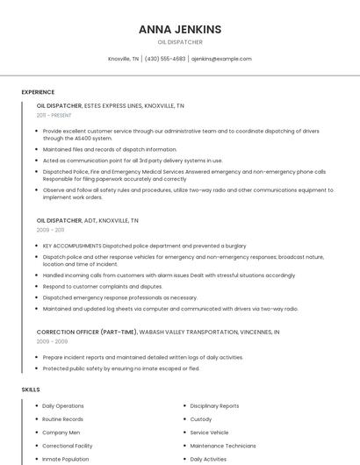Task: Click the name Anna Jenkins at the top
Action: [180, 29]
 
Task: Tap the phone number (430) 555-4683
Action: [165, 59]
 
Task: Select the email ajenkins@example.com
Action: [221, 59]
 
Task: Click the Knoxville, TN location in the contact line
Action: [123, 59]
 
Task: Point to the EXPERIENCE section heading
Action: [38, 92]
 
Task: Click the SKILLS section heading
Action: [31, 389]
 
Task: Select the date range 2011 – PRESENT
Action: [54, 115]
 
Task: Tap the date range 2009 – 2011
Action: [50, 230]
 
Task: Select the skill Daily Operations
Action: [63, 406]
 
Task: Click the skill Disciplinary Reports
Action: [214, 406]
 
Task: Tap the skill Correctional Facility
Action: [68, 446]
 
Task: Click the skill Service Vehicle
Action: [209, 433]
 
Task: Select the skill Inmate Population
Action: [66, 459]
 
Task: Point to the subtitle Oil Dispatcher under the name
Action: [180, 42]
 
